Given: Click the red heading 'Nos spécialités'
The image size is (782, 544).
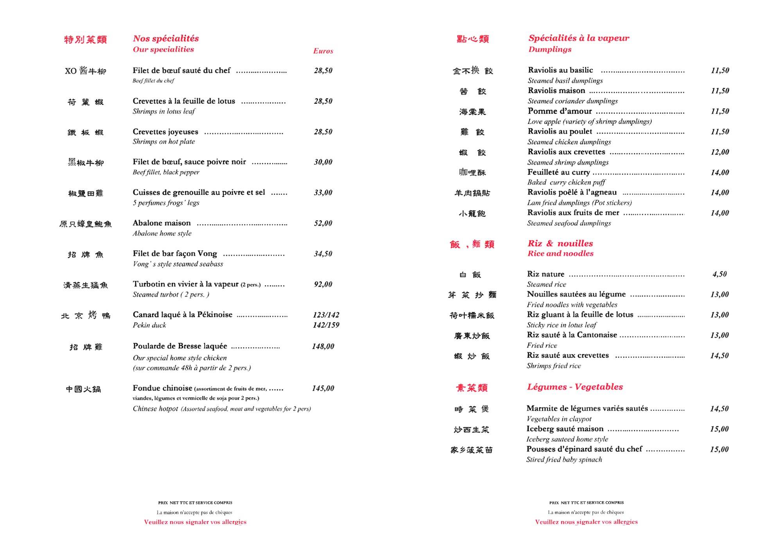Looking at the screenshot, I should [x=166, y=38].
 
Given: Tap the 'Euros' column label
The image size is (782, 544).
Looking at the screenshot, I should [x=323, y=51].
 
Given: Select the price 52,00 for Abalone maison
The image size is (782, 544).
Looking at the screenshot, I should [x=323, y=223].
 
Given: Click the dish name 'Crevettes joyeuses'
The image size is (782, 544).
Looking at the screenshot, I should [x=165, y=131].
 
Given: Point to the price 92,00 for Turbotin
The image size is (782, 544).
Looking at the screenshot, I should [x=323, y=284].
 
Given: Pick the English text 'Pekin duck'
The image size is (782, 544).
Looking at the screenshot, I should [x=149, y=325].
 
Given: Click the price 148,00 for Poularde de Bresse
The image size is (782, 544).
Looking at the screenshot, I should [x=323, y=346].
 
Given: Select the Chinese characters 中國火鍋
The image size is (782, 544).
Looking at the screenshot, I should [x=83, y=389].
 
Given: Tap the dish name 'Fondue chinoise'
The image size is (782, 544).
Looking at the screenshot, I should [x=162, y=388].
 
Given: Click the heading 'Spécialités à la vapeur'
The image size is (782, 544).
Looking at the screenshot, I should [x=579, y=38].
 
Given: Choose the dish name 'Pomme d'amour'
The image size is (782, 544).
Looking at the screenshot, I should [x=560, y=111].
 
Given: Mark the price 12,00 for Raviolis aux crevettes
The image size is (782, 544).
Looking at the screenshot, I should [x=720, y=152].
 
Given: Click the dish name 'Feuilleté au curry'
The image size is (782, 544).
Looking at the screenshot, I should [x=558, y=172].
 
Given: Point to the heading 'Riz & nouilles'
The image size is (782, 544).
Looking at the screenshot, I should [x=560, y=243].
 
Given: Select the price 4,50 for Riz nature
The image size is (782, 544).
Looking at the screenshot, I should [x=719, y=274].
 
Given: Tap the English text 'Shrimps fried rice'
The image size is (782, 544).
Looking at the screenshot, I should [x=554, y=366].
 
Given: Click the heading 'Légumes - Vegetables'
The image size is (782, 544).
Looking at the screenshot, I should [x=575, y=387].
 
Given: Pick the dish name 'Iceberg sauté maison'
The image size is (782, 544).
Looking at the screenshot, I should [x=565, y=429].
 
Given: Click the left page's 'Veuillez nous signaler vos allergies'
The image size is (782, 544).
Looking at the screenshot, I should [x=195, y=522].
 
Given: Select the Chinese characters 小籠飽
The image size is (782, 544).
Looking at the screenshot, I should [x=472, y=213].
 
